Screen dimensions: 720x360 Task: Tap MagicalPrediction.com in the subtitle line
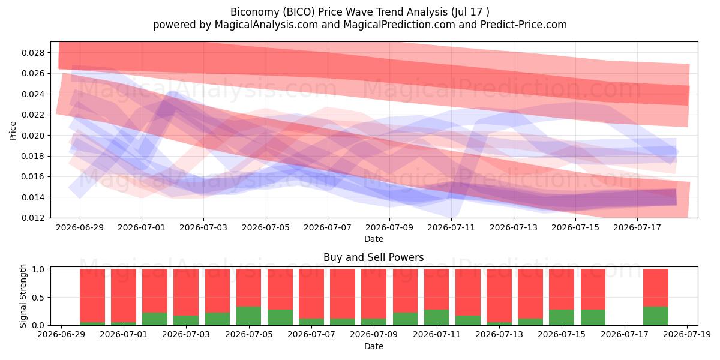coord(399,25)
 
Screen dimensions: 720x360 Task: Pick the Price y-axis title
coord(13,131)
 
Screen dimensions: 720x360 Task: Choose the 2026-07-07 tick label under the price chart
coord(328,227)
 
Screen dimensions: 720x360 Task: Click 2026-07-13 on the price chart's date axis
coord(514,227)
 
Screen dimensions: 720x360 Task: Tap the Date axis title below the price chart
coord(373,239)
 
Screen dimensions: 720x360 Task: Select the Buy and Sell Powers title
coord(373,257)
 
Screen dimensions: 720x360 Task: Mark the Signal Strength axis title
coord(23,296)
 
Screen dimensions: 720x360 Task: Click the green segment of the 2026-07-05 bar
coord(249,316)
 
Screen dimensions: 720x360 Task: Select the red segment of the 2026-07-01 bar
coord(124,295)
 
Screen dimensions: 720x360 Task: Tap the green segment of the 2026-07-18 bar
coord(656,316)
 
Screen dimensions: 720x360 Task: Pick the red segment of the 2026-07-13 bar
coord(499,295)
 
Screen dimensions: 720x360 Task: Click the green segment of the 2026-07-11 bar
coord(437,317)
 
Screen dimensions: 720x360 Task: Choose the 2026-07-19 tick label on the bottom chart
coord(687,335)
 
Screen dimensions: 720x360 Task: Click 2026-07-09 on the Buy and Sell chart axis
coord(374,335)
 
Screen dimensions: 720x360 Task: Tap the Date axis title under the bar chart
coord(373,346)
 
